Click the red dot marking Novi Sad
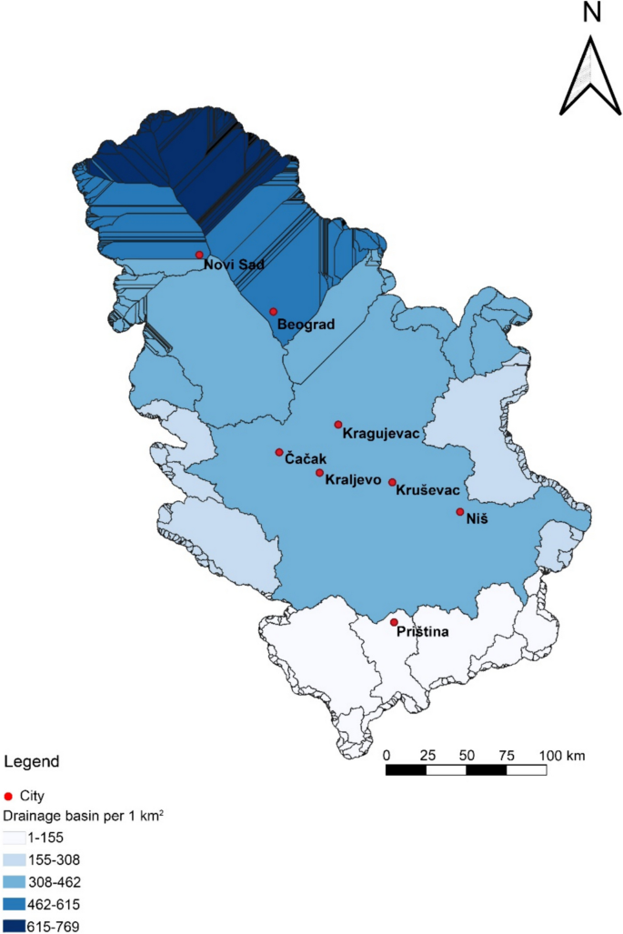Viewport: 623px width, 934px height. click(199, 255)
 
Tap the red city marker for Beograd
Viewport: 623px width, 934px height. click(273, 311)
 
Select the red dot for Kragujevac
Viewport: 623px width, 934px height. click(338, 424)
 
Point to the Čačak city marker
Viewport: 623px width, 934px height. click(279, 452)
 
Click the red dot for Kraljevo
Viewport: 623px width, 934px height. click(319, 472)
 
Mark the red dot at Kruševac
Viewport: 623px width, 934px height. click(392, 482)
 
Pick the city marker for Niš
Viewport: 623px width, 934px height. click(460, 512)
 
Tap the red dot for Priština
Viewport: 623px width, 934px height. click(394, 622)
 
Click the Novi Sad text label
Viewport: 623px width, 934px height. click(234, 265)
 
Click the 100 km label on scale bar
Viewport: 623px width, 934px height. click(564, 755)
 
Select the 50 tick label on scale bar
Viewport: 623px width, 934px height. click(467, 755)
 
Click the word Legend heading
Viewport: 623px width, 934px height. click(32, 760)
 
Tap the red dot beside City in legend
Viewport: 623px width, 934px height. click(9, 796)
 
